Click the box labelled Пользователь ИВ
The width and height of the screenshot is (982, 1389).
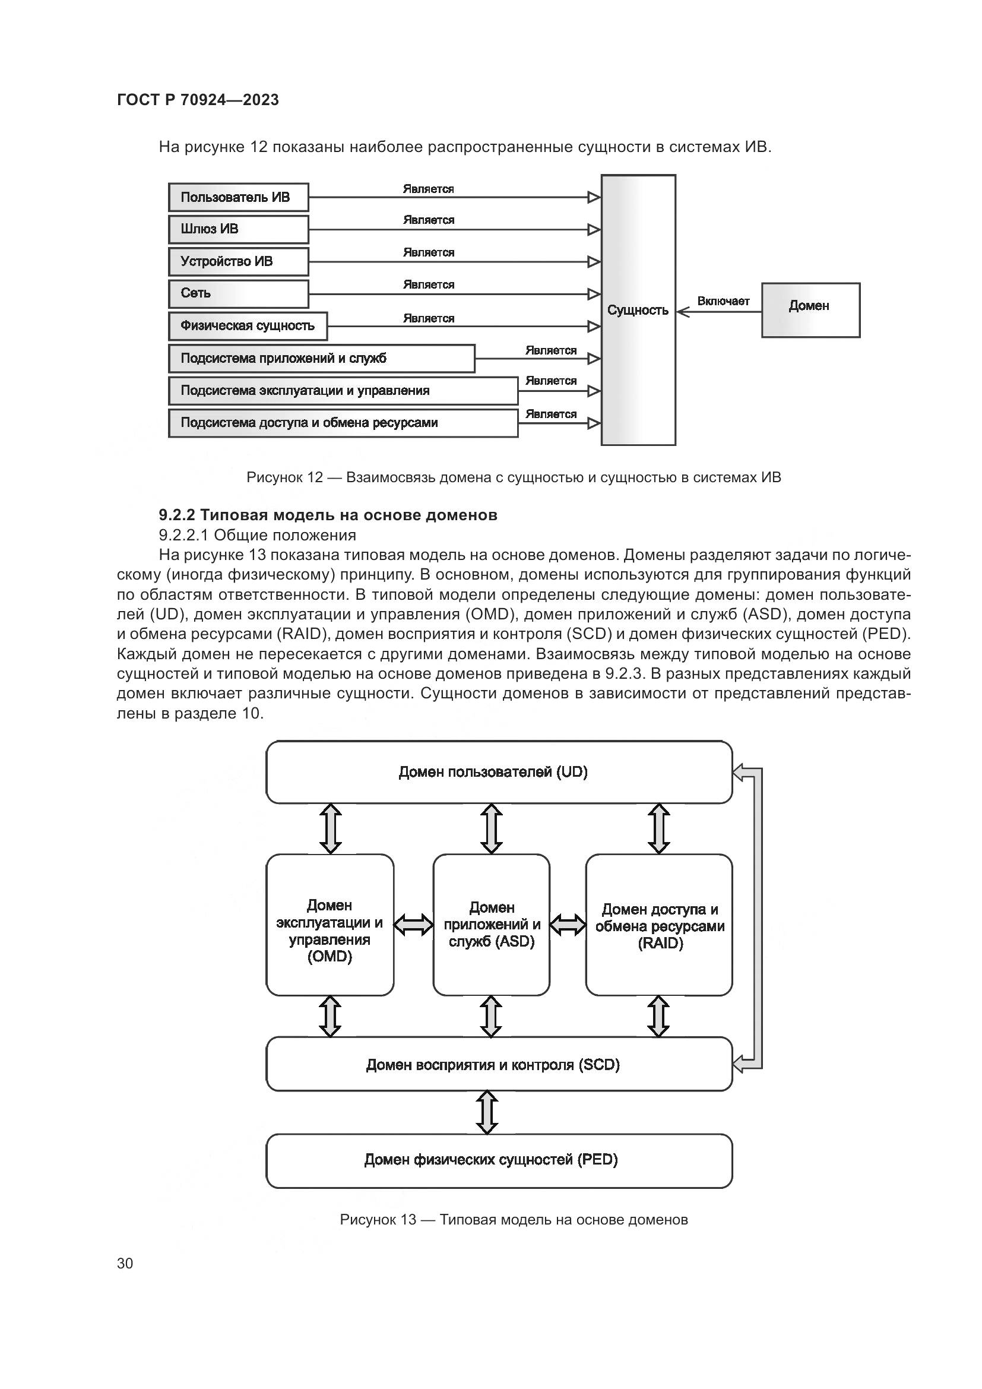point(238,197)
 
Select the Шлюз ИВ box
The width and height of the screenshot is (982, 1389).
point(238,229)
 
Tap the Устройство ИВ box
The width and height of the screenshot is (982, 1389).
point(238,261)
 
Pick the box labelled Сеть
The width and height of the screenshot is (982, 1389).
point(238,293)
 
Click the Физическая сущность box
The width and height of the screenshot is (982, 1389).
point(248,326)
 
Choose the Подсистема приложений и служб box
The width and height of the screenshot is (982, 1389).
point(321,358)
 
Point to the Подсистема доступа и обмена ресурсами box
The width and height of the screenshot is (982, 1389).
point(343,423)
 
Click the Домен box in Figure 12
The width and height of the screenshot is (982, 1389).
point(810,310)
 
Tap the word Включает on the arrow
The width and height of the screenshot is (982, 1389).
point(723,301)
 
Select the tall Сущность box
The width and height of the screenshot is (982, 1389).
point(638,311)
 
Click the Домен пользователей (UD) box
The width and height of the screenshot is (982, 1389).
point(499,772)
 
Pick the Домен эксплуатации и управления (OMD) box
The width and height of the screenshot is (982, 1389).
point(330,925)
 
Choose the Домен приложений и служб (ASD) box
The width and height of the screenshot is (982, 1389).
point(491,925)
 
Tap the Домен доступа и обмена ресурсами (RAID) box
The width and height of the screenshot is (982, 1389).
point(659,925)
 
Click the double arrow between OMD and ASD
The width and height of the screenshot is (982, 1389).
point(413,925)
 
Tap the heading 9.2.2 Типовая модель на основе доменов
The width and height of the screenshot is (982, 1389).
point(328,515)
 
